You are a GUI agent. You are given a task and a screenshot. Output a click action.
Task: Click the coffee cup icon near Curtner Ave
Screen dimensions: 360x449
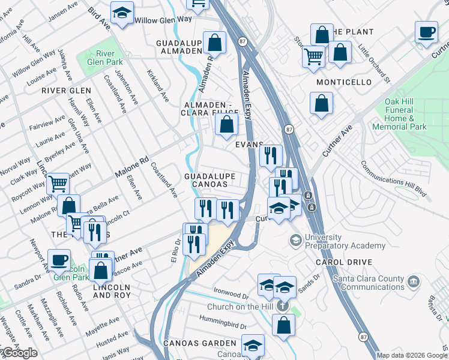click(426, 32)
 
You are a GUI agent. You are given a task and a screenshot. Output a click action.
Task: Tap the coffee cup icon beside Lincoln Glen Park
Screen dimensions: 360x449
click(59, 260)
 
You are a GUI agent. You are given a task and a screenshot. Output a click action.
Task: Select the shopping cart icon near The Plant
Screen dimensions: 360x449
click(313, 56)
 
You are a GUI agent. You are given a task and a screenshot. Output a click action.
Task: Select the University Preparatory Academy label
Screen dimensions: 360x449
click(345, 241)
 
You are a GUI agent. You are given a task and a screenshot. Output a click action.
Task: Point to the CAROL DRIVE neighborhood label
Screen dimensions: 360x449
click(344, 262)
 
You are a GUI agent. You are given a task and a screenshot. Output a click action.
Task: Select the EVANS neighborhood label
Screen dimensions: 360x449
click(249, 145)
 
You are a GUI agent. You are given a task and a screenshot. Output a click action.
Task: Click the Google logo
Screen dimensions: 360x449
click(20, 353)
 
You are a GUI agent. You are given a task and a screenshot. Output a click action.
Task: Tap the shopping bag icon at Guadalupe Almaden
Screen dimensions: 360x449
click(214, 43)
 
